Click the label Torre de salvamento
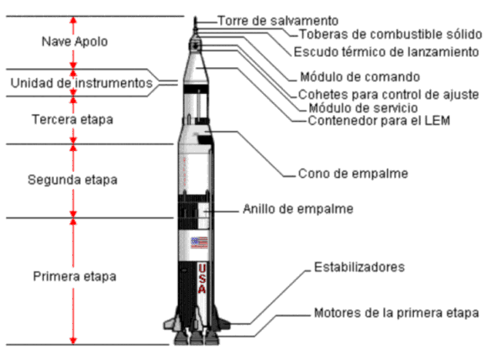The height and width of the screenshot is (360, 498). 278,21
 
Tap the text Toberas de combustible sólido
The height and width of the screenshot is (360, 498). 391,34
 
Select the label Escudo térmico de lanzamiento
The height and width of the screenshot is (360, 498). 386,52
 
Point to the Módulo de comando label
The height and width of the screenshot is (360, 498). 360,77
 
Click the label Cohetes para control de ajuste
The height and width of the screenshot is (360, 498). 389,95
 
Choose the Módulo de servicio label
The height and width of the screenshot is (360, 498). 363,108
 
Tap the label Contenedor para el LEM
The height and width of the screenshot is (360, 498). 379,121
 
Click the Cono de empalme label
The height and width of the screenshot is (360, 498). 354,174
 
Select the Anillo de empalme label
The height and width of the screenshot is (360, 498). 298,209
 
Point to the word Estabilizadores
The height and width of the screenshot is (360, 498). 359,267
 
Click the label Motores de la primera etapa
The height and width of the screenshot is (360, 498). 396,313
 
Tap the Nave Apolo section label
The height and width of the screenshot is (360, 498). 75,42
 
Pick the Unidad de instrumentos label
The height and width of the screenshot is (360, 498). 81,83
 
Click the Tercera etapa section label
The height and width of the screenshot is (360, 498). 72,120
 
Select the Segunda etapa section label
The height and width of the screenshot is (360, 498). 72,180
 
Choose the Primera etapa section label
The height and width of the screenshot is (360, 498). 75,276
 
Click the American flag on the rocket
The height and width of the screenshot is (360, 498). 200,243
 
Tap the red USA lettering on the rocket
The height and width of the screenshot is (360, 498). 202,279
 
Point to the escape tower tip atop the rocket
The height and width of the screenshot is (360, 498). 196,18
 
